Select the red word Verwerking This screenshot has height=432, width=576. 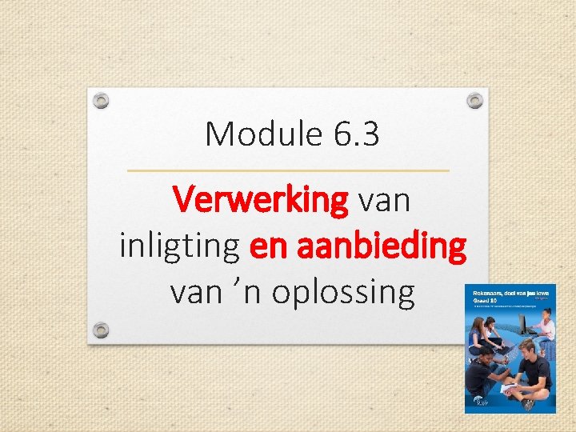(261, 201)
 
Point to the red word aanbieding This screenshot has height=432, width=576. (380, 246)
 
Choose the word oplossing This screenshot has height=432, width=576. (343, 292)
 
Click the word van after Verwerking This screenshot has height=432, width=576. (385, 201)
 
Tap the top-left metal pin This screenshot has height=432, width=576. (100, 101)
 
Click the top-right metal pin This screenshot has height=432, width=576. (474, 101)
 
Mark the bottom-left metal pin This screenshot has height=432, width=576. (100, 330)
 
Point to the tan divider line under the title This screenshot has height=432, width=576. (288, 170)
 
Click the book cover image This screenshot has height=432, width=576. (510, 350)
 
